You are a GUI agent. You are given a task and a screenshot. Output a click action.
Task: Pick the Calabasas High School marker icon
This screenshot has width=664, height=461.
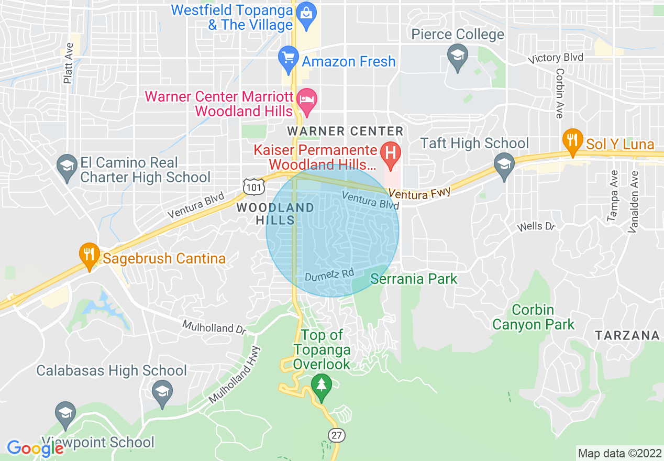162,394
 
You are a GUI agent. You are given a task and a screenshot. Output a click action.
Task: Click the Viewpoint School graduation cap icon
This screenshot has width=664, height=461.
65,414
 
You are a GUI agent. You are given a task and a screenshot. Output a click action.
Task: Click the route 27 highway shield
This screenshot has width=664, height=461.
336,435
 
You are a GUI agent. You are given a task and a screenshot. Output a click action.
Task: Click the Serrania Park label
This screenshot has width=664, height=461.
414,279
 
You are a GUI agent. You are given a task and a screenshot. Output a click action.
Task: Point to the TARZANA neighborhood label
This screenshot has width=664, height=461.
627,336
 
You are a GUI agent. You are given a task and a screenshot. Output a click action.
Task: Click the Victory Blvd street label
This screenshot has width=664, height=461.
556,58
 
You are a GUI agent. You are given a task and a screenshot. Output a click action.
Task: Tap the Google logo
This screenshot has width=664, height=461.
35,448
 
